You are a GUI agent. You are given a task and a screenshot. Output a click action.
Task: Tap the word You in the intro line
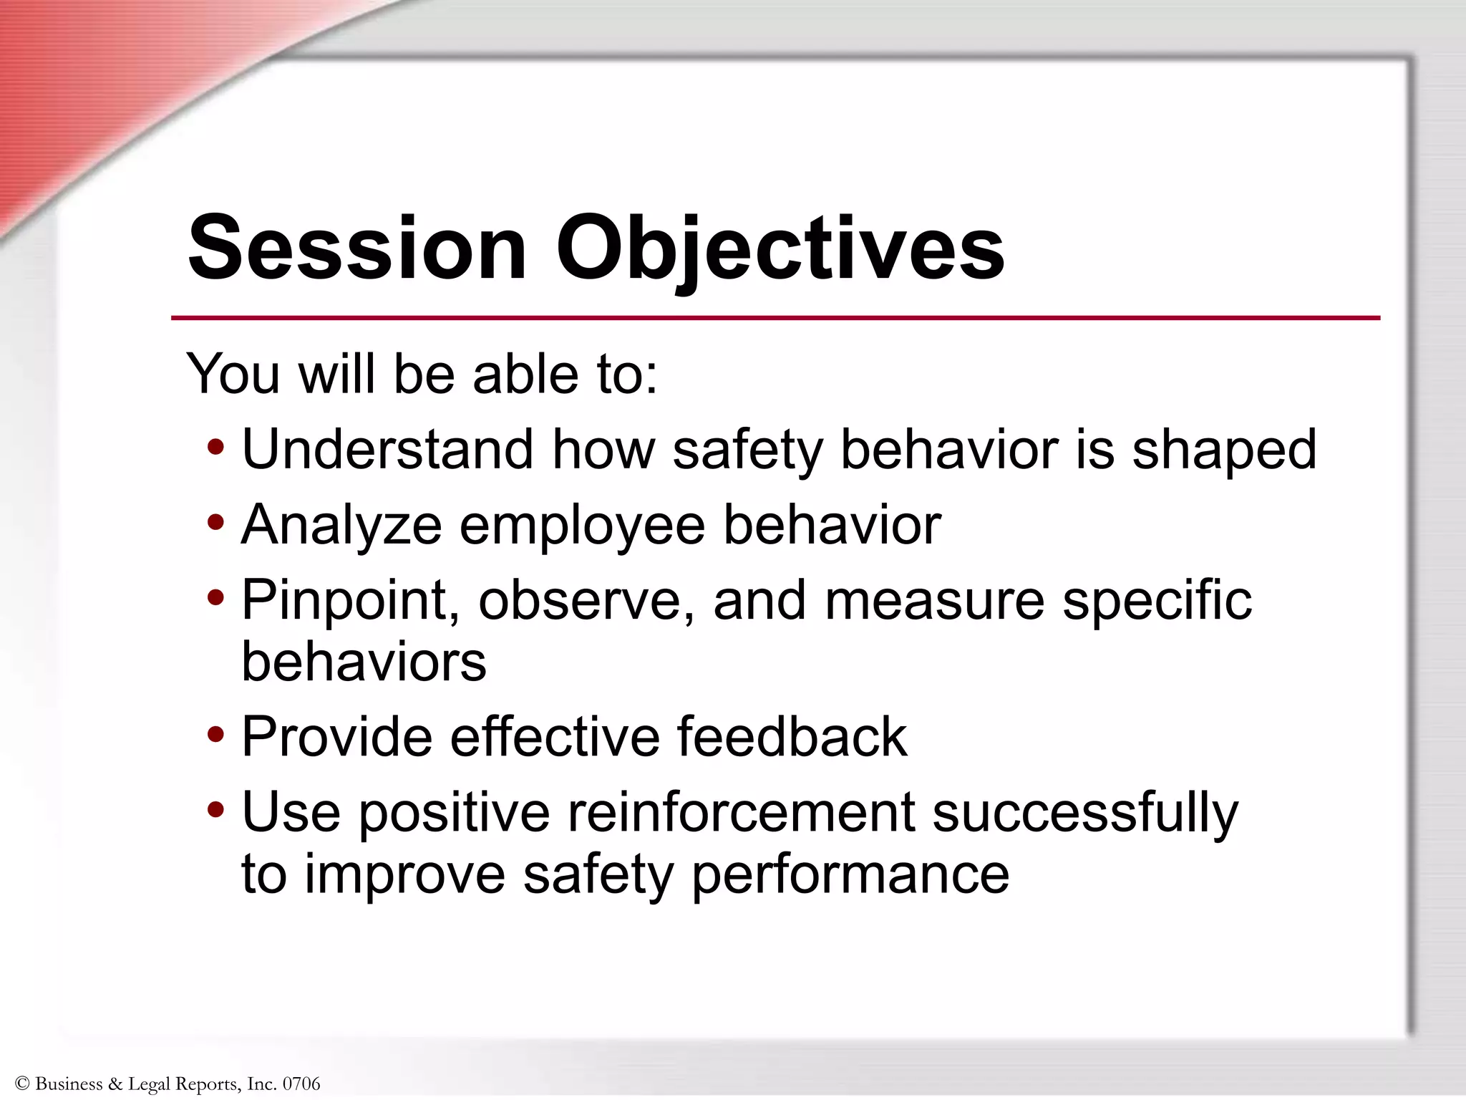click(233, 374)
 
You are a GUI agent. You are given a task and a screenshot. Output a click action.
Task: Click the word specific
click(1157, 600)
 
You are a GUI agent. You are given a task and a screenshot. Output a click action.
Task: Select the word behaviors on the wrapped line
click(364, 661)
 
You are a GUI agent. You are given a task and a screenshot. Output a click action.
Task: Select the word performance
click(850, 875)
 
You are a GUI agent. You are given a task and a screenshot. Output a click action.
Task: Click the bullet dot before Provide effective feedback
click(215, 735)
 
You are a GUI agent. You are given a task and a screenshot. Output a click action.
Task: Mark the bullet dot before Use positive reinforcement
click(215, 811)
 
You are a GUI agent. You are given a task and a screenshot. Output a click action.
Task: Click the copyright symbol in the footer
click(21, 1084)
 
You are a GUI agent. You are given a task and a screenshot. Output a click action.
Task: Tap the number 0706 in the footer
click(301, 1084)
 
